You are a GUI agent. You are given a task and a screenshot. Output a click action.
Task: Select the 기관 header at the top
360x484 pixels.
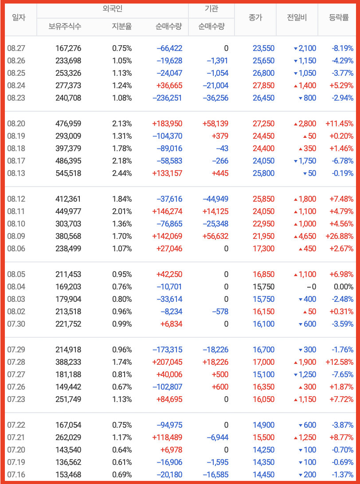(211, 8)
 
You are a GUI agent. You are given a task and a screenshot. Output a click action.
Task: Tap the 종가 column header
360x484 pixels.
(255, 18)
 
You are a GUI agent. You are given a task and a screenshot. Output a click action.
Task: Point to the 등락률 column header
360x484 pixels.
(339, 18)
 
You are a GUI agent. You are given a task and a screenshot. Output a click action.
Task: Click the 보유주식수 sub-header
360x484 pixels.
(65, 26)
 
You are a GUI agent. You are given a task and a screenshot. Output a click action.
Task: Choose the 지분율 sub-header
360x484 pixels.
(122, 26)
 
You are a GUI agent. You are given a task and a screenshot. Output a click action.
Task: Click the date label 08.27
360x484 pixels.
(16, 48)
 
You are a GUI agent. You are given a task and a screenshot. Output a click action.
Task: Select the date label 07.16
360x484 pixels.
(16, 475)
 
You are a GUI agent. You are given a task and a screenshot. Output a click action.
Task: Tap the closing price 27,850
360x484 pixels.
(263, 86)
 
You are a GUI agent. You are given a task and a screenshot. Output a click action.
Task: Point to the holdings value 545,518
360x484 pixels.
(68, 173)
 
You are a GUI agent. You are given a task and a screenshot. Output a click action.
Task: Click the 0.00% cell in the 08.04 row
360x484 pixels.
(343, 287)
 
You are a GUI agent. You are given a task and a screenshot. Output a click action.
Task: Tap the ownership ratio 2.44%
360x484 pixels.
(122, 173)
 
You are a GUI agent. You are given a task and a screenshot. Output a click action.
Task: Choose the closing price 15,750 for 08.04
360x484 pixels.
(263, 287)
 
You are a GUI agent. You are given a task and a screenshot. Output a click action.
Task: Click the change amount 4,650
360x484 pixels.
(307, 236)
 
